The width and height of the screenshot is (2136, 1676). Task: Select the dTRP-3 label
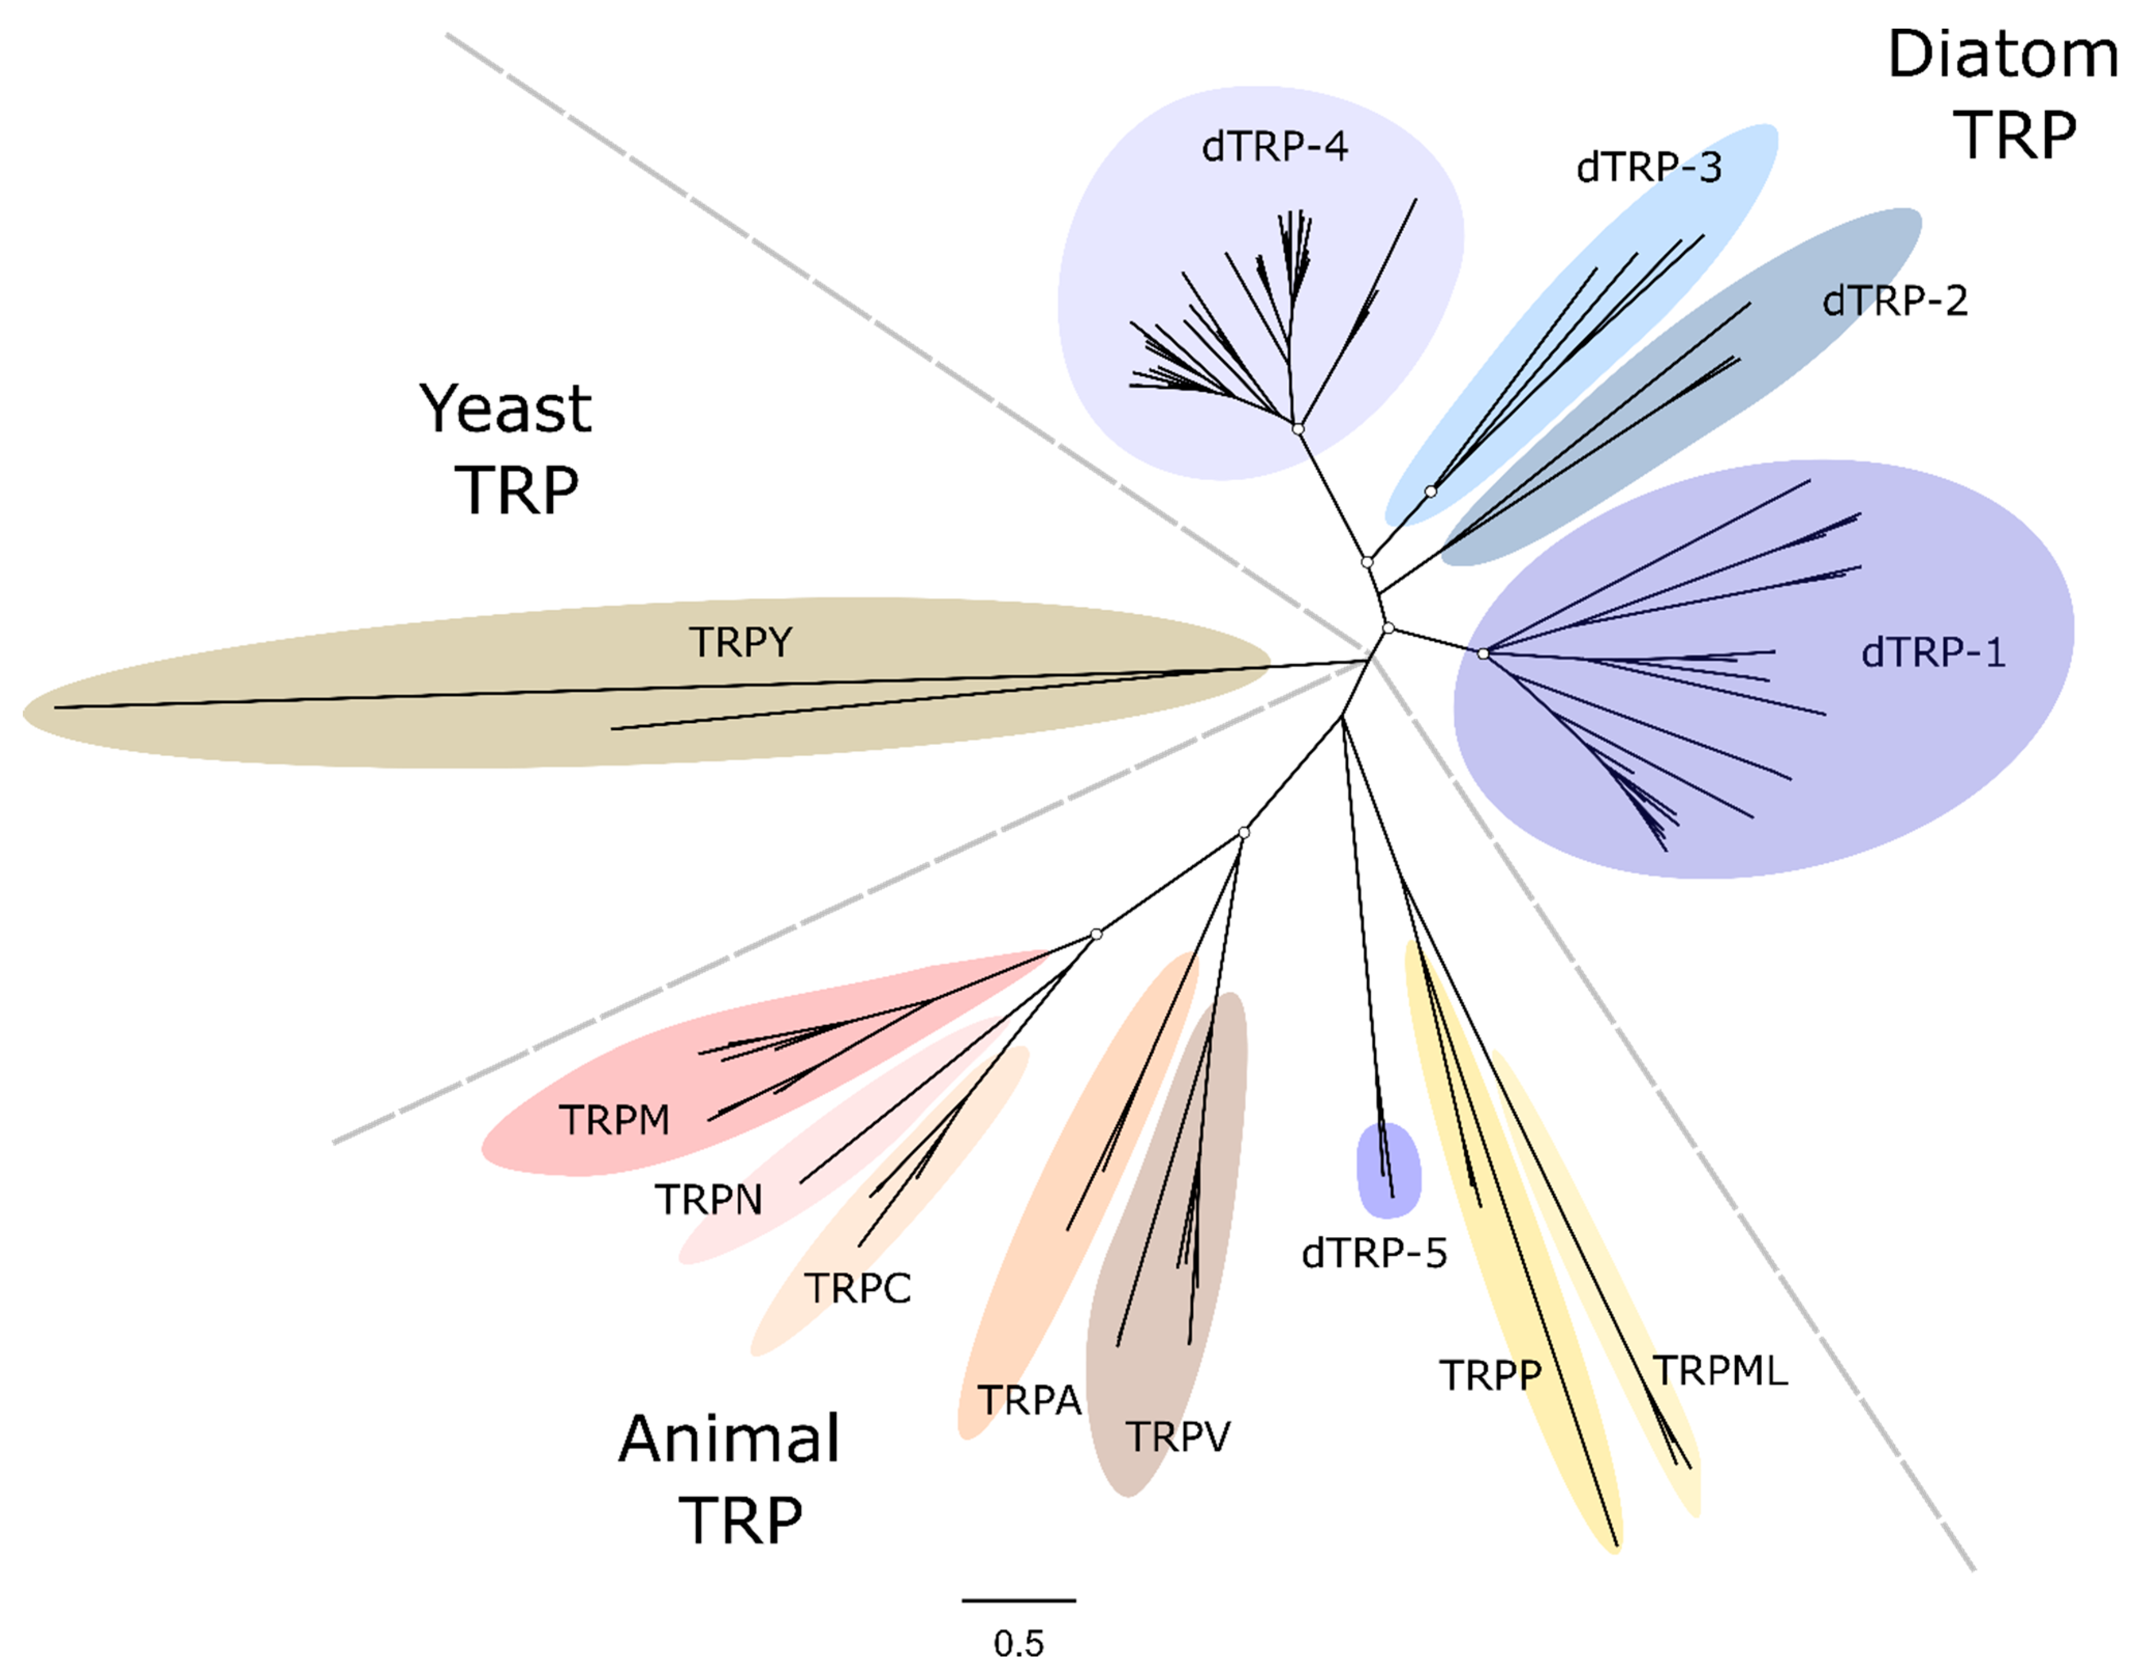(1648, 168)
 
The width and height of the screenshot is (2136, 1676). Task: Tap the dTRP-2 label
(1894, 300)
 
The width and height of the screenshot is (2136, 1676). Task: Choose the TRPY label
(740, 643)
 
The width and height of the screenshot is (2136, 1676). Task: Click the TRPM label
(614, 1119)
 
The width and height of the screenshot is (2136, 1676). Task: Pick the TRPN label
(709, 1199)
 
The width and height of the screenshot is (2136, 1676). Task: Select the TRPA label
(1028, 1400)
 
